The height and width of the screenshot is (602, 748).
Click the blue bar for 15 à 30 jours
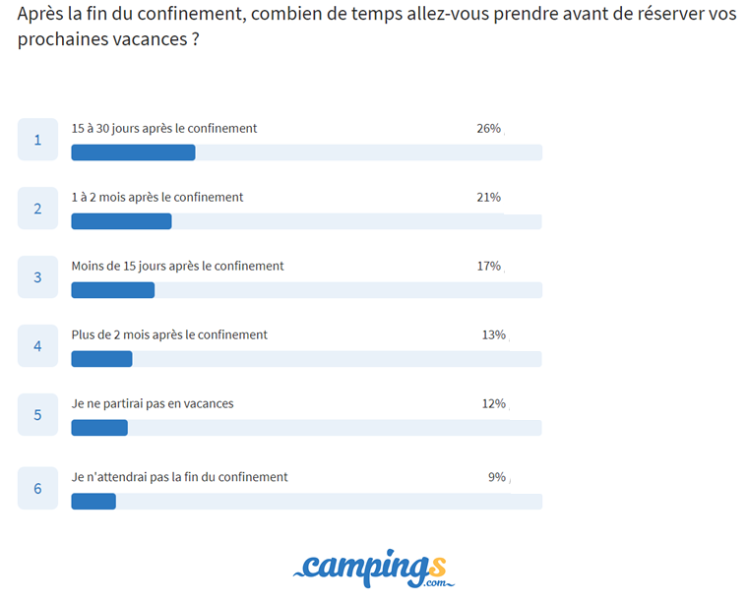coord(133,152)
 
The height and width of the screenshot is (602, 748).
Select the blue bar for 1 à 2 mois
coord(121,221)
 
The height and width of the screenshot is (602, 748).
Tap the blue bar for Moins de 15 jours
coord(112,290)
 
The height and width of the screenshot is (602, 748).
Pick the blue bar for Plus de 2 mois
coord(101,359)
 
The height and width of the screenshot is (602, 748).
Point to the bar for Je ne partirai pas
coord(99,428)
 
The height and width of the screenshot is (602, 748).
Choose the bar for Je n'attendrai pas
coord(93,501)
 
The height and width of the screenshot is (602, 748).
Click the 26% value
coord(488,128)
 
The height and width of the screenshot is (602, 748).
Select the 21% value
coord(488,197)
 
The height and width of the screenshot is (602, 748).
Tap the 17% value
coord(488,266)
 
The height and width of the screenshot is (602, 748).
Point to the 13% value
coord(493,334)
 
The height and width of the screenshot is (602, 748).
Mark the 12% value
coord(493,403)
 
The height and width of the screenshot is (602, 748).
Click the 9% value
coord(497,477)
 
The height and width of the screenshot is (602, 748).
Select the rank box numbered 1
coord(37,140)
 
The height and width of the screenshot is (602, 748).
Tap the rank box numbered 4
coord(37,346)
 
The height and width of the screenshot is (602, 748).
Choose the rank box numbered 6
coord(37,488)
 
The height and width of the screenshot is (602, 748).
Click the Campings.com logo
coord(374,568)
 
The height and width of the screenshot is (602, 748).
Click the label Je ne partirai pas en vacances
coord(153,403)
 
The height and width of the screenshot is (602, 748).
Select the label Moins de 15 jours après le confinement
coord(177,266)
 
